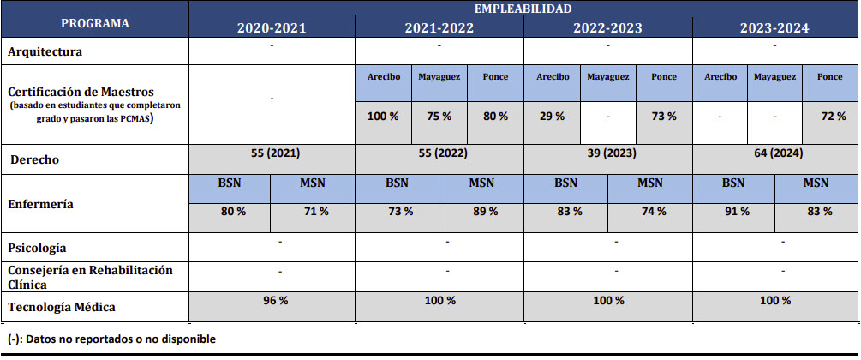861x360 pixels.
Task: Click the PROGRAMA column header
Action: [95, 23]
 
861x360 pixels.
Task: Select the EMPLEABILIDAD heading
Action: [523, 9]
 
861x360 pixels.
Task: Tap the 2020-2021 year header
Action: [272, 28]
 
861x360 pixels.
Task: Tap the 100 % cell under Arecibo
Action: [383, 117]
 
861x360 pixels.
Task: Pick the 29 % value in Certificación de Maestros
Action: [551, 117]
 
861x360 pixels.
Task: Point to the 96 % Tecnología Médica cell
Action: [272, 301]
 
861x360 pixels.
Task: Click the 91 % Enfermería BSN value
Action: [733, 212]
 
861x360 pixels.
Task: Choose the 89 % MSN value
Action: [481, 212]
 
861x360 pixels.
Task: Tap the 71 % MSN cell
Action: [313, 212]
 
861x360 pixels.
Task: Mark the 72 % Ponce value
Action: [831, 117]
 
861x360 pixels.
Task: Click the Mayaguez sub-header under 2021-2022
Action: [439, 77]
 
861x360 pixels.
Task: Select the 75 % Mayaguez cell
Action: [439, 117]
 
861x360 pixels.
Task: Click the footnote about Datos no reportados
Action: [111, 339]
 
